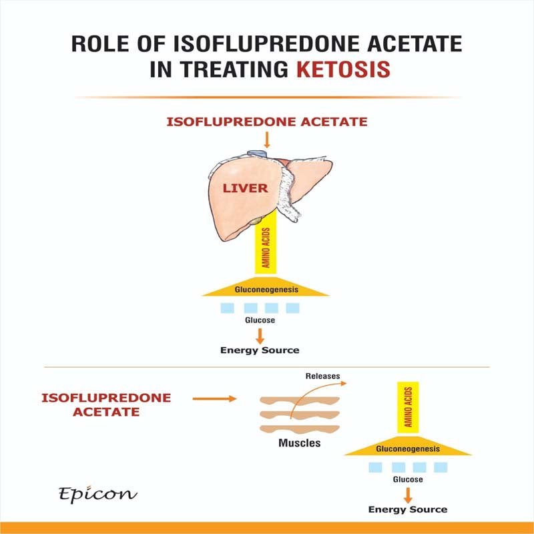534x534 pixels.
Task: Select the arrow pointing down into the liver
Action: (x=267, y=139)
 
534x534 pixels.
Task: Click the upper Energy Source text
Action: (x=260, y=350)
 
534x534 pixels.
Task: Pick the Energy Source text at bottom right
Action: (x=407, y=509)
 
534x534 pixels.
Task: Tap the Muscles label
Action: (x=298, y=443)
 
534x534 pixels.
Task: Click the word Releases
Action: (x=322, y=376)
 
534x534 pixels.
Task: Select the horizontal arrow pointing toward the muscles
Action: (x=214, y=399)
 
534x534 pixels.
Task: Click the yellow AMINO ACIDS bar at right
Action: (x=408, y=409)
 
